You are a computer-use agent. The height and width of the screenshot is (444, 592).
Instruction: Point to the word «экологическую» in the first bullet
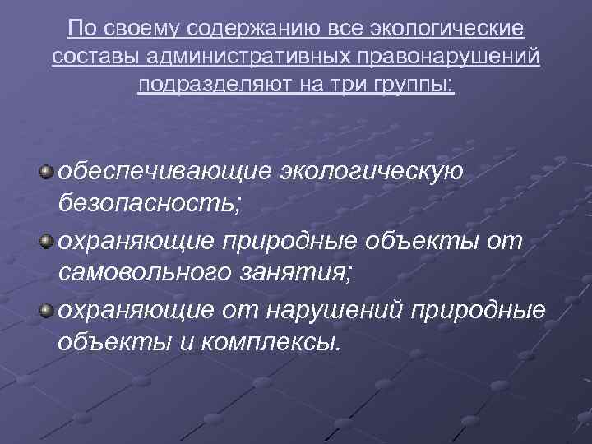click(x=372, y=173)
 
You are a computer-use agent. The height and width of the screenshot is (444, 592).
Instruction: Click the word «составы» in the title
click(x=85, y=57)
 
